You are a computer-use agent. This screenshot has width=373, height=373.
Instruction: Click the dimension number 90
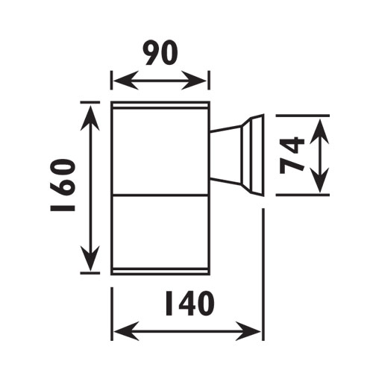[160, 53]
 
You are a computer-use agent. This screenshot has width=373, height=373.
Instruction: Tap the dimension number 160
[63, 185]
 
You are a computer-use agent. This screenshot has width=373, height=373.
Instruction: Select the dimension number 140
[189, 304]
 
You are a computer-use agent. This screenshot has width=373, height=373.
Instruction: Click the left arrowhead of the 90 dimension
[125, 81]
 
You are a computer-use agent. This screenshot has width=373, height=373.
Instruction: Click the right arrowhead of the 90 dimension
[194, 81]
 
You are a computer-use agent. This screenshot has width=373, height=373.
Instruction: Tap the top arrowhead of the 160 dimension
[90, 117]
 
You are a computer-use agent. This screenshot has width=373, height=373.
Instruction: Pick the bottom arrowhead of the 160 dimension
[90, 259]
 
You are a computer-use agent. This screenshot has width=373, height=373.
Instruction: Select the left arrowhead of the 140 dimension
[126, 331]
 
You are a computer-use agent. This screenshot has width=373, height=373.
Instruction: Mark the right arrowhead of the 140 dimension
[248, 331]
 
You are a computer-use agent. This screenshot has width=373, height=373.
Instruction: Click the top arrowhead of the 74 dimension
[319, 131]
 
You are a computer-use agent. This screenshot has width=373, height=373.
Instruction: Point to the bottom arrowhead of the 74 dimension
[319, 180]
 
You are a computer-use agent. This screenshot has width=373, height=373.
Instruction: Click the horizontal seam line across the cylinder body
[160, 195]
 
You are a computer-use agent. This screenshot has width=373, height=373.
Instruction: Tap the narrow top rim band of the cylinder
[160, 105]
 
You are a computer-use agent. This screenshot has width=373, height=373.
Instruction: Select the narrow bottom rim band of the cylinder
[160, 272]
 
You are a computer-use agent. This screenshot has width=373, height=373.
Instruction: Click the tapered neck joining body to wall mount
[225, 155]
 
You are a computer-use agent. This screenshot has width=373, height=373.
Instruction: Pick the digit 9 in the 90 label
[151, 53]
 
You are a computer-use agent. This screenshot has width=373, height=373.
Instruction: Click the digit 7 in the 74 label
[292, 165]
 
